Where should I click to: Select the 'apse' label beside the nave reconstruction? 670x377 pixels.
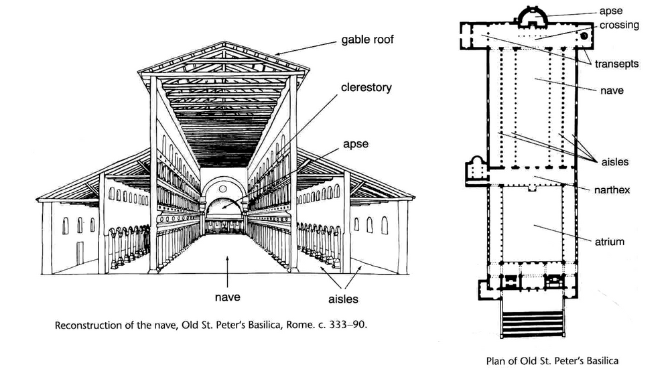[x=354, y=143]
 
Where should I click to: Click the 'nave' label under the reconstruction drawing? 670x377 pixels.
[x=228, y=295]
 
